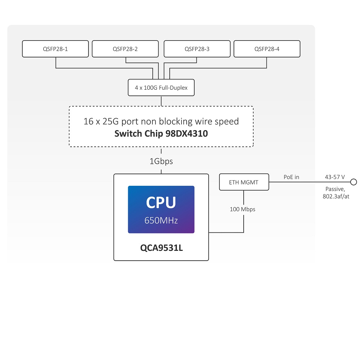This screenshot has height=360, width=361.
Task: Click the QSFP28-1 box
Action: [55, 49]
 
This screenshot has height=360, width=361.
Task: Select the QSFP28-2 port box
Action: [125, 49]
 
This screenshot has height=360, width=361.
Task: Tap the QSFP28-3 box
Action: [197, 49]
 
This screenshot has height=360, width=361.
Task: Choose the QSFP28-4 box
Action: [267, 49]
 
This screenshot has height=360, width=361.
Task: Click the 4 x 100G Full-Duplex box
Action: [161, 88]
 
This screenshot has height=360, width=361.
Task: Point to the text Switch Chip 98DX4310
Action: [161, 134]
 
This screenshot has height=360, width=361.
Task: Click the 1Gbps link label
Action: [161, 161]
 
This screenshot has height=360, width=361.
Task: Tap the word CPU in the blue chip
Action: [161, 202]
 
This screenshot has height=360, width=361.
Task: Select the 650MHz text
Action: [161, 220]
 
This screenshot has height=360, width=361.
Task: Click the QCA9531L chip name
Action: [161, 248]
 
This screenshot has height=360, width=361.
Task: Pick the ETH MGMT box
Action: [244, 182]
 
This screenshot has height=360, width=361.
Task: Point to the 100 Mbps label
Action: [243, 209]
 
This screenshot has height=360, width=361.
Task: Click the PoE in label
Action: [291, 177]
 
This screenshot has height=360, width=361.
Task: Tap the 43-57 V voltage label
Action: [335, 177]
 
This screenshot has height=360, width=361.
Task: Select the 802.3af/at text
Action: [336, 196]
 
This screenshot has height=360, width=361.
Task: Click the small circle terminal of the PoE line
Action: [354, 182]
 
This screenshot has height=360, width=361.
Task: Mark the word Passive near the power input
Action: [335, 189]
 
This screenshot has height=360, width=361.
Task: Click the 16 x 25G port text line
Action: [161, 121]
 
